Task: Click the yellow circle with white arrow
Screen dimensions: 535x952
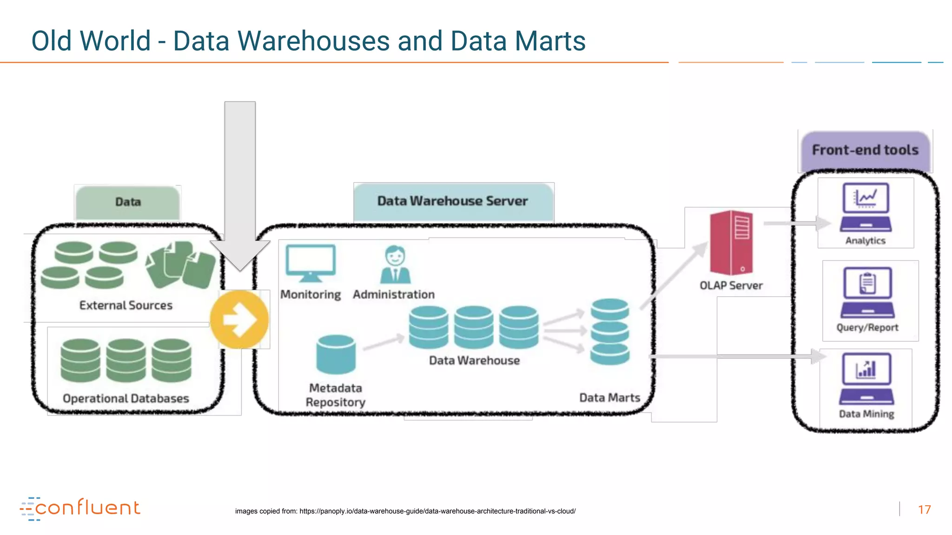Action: [239, 320]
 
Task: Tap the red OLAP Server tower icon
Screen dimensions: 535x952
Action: [731, 243]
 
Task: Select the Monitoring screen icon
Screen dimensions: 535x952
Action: [311, 263]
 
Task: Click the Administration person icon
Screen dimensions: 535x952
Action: [395, 265]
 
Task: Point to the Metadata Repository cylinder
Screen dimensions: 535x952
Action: [336, 354]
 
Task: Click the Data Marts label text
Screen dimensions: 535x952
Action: [609, 398]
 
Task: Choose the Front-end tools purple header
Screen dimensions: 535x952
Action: [865, 150]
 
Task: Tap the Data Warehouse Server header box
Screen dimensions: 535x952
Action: [453, 201]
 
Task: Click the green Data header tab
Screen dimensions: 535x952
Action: [128, 202]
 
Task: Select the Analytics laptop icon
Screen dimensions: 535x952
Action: [866, 207]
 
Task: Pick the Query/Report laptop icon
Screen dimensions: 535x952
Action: [867, 292]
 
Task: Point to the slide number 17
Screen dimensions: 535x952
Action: [924, 509]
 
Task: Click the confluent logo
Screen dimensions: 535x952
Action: [80, 508]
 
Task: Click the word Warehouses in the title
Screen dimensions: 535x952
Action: [314, 41]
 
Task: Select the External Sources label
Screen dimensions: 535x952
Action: [126, 305]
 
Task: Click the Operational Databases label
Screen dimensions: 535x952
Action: [126, 398]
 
